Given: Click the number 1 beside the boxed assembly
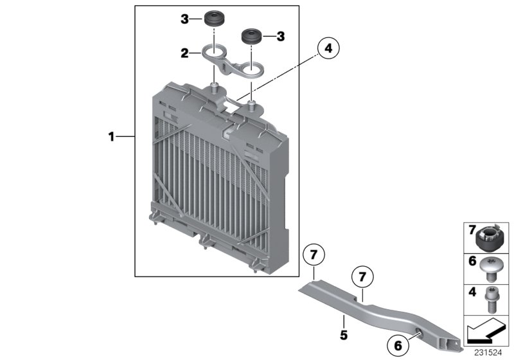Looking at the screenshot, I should pyautogui.click(x=111, y=136).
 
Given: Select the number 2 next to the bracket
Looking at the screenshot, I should pyautogui.click(x=184, y=53).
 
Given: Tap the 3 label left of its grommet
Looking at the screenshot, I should pyautogui.click(x=184, y=20).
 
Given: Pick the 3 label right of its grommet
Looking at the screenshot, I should pyautogui.click(x=280, y=37).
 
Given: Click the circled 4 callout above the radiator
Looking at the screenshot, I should pyautogui.click(x=328, y=48).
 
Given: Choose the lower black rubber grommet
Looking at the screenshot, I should pyautogui.click(x=252, y=36).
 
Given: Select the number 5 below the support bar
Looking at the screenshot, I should pyautogui.click(x=343, y=335).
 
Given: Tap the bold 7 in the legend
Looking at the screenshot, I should pyautogui.click(x=471, y=230).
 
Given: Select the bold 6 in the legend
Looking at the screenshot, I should pyautogui.click(x=471, y=262).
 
